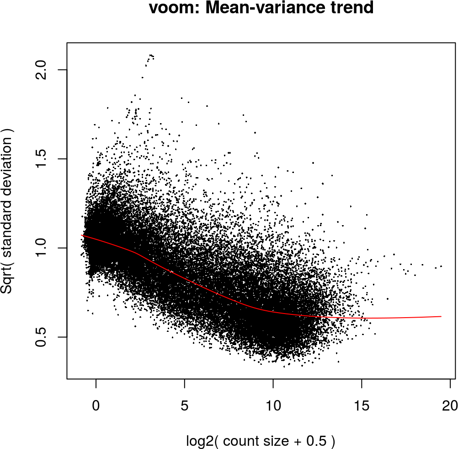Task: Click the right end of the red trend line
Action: [441, 316]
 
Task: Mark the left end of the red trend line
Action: [82, 235]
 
